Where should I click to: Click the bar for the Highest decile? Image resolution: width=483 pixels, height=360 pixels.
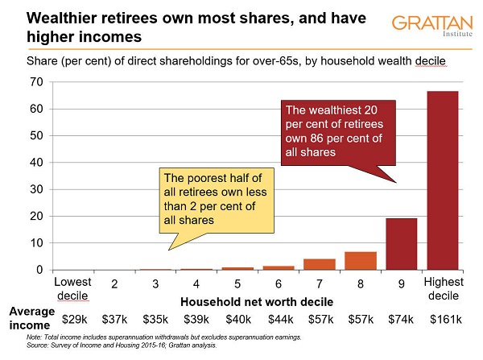coord(443,180)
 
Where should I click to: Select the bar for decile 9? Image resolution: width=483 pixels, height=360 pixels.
coord(402,244)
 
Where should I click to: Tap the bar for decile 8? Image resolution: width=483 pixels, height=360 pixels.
coord(361,261)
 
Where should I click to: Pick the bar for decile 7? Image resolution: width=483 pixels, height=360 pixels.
coord(320,264)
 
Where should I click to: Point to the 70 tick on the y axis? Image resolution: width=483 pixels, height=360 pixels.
coord(36,81)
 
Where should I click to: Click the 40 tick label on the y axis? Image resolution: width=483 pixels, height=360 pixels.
coord(36,162)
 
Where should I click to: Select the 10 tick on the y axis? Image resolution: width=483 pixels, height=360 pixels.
coord(36,242)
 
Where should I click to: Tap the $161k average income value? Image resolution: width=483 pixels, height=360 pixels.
coord(443,319)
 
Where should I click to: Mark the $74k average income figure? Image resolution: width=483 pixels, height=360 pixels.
coord(402,319)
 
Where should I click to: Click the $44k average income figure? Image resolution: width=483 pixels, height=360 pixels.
coord(278,319)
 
